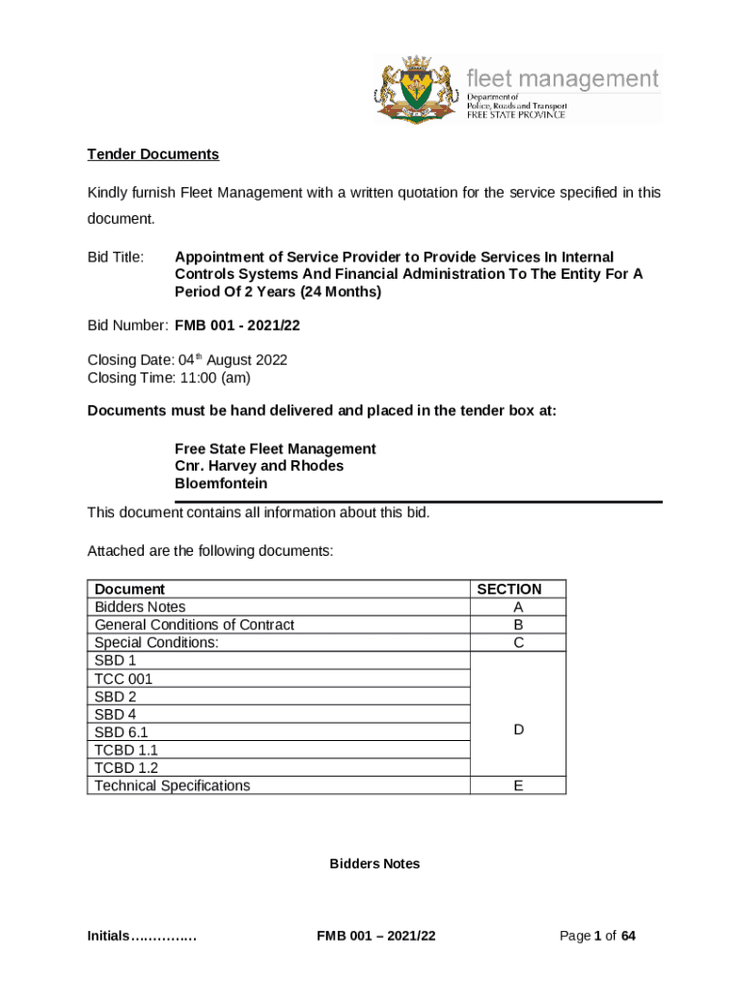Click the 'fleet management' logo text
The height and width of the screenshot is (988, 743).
click(x=563, y=78)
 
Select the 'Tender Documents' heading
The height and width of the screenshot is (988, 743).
click(x=153, y=154)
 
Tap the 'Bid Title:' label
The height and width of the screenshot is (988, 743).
click(x=116, y=258)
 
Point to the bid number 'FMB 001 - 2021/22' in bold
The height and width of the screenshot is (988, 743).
click(x=236, y=326)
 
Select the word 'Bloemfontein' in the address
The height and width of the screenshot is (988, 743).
click(x=221, y=483)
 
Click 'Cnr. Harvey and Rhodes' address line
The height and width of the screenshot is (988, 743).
click(x=259, y=466)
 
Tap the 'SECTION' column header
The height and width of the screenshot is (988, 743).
click(x=517, y=590)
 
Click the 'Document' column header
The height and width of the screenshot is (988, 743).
click(x=129, y=590)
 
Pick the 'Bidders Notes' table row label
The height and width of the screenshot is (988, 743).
click(x=140, y=607)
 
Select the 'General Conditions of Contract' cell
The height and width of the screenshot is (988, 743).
click(x=194, y=625)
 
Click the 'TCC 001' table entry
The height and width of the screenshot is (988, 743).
click(x=124, y=679)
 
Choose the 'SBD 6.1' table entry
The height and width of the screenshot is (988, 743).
click(x=122, y=732)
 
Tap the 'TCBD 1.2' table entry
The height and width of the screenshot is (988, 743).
click(x=126, y=768)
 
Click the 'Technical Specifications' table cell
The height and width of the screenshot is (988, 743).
click(x=172, y=785)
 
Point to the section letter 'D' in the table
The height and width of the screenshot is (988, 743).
click(x=518, y=730)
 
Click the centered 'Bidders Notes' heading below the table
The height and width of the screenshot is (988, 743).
click(x=374, y=864)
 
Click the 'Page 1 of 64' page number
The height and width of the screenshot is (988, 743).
click(x=597, y=936)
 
